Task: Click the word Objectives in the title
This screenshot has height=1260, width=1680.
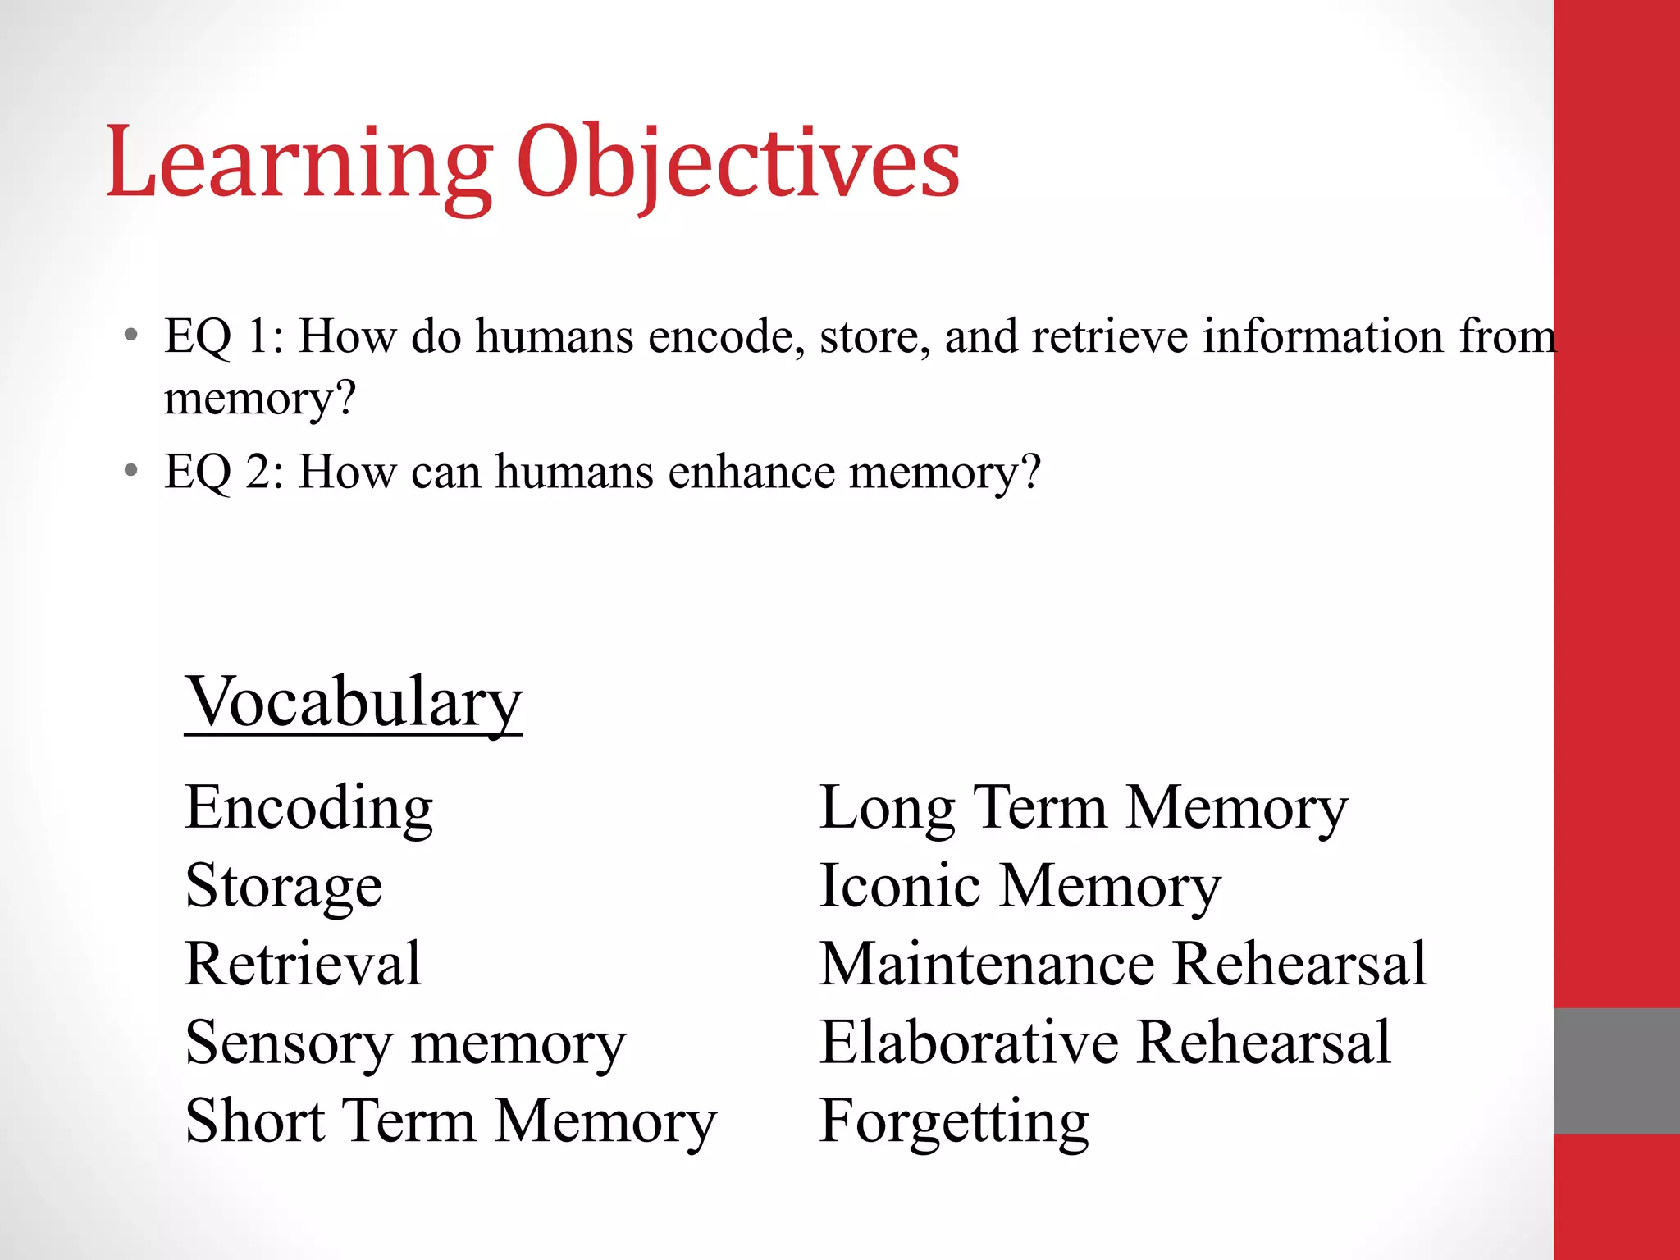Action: (x=738, y=164)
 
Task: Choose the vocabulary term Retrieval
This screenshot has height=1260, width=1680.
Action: (x=304, y=964)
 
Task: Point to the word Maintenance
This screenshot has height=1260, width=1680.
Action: (x=988, y=964)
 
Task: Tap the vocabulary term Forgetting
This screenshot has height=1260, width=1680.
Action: (x=954, y=1122)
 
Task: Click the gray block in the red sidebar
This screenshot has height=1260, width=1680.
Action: (x=1616, y=1071)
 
